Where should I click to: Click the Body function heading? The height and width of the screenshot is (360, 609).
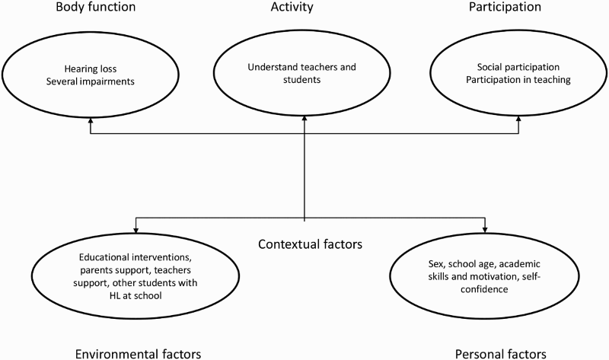tap(96, 7)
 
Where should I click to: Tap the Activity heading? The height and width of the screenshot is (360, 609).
tap(292, 7)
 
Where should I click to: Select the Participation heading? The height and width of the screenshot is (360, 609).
tap(505, 7)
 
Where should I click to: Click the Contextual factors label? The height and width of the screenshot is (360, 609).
tap(310, 244)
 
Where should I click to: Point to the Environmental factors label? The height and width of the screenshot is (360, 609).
tap(138, 354)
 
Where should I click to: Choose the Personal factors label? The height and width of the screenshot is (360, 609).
tap(501, 354)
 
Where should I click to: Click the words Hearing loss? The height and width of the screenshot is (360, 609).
tap(91, 68)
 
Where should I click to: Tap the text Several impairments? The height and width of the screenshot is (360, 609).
tap(90, 81)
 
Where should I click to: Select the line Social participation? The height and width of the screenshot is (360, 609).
tap(518, 67)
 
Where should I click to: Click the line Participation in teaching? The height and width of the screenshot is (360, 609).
tap(518, 80)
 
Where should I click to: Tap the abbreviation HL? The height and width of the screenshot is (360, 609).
tap(116, 295)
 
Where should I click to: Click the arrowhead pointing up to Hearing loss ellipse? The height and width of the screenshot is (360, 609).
tap(91, 119)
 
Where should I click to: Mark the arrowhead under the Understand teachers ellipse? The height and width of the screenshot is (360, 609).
tap(304, 119)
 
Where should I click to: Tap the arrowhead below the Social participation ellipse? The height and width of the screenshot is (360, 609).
tap(518, 119)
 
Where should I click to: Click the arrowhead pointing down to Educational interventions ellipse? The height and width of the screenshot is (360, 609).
tap(136, 230)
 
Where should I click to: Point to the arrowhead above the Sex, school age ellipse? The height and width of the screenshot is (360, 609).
tap(484, 230)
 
